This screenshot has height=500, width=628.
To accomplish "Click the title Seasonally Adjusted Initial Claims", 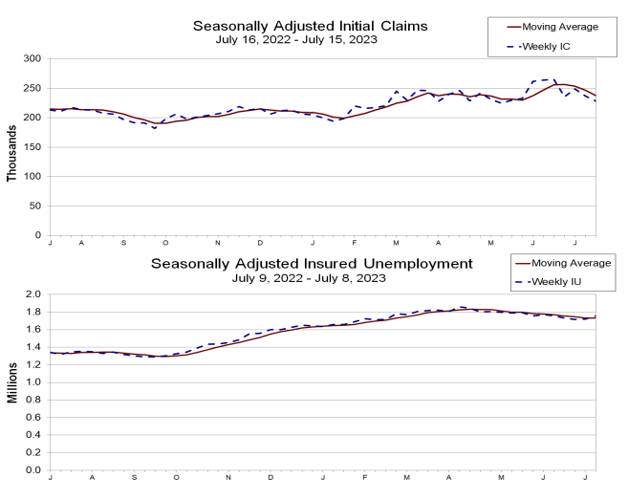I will tap(311, 25).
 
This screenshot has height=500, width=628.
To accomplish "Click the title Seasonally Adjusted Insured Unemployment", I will tap(311, 262).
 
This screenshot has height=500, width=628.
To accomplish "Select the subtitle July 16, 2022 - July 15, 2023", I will tap(311, 39).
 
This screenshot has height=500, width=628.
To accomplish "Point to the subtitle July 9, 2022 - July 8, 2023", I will tap(311, 277).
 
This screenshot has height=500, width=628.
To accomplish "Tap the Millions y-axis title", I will tap(11, 382).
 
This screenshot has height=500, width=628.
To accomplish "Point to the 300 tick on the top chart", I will tap(32, 59).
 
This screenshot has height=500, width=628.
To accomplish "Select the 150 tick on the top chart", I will tap(32, 147).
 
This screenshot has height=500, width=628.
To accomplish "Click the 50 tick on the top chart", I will tap(35, 206).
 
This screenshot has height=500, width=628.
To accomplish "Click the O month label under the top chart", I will tap(164, 243).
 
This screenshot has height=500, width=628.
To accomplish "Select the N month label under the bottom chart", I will tap(228, 477).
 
